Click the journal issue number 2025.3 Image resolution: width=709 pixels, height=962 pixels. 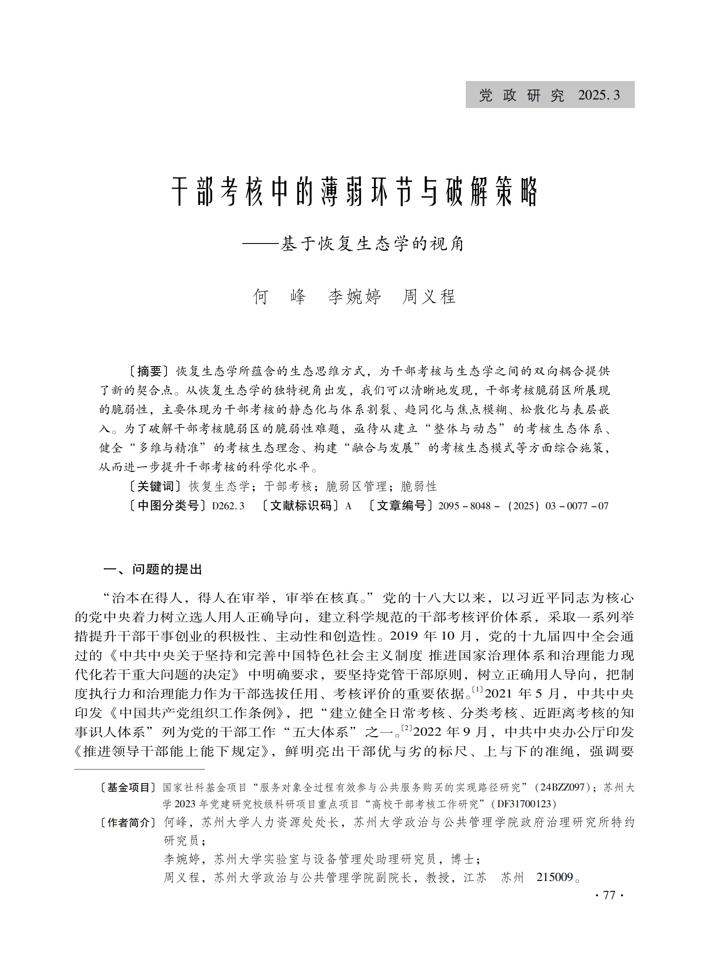pos(599,95)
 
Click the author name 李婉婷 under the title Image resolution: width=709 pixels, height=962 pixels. pos(354,297)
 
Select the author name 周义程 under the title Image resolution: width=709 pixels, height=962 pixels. pos(429,297)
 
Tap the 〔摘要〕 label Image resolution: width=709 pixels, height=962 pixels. pos(149,371)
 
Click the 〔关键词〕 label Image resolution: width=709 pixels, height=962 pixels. pos(155,487)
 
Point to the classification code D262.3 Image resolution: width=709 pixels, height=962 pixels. pos(228,506)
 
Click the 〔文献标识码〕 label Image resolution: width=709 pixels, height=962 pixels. pos(301,506)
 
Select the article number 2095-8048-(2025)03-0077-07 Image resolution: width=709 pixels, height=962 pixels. pos(523,506)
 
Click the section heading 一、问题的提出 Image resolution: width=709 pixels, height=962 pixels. pos(152,569)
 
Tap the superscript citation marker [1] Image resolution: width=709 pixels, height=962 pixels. pos(478,690)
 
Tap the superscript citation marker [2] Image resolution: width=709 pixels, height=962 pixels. pos(407,728)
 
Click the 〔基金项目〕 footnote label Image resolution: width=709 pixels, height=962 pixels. pos(128,788)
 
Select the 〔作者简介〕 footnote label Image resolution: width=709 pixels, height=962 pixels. pos(128,822)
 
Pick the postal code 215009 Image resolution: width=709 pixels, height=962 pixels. pos(555,877)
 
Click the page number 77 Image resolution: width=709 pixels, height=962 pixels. pos(609,895)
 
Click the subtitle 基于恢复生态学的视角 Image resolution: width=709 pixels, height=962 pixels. pos(372,244)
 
